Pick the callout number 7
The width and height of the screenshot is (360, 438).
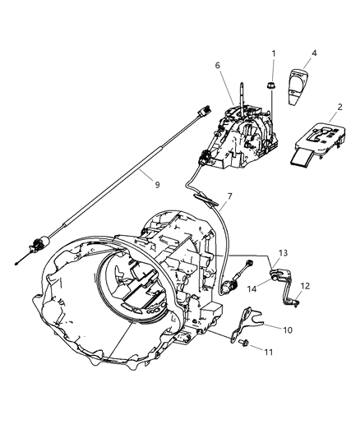pyautogui.click(x=229, y=219)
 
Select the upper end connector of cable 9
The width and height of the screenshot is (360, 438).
pyautogui.click(x=196, y=121)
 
